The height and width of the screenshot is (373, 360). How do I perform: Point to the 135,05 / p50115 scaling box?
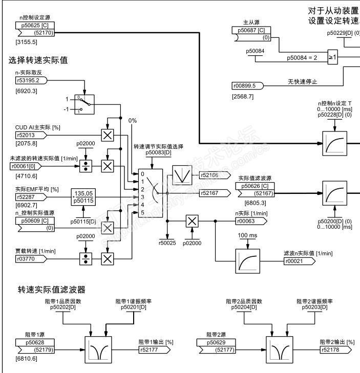point(85,196)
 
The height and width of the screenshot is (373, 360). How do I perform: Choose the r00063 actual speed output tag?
point(251,221)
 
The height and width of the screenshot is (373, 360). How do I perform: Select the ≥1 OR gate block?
point(332,57)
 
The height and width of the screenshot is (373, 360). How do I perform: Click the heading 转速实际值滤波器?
point(51,290)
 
